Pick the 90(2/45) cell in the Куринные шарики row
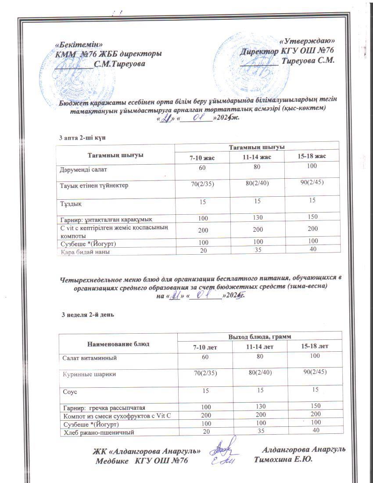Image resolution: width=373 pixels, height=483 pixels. coord(314,373)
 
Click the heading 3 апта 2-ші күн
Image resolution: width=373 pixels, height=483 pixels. coord(83,138)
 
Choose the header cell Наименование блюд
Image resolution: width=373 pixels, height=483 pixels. coord(118,343)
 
